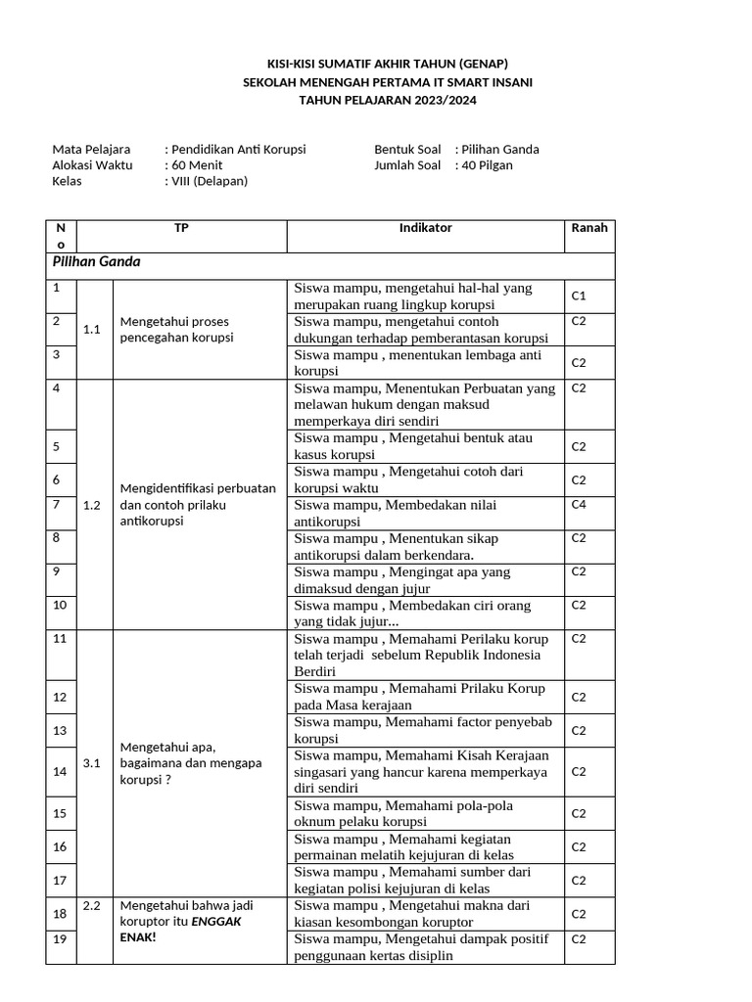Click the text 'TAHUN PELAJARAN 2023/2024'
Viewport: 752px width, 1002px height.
[x=388, y=100]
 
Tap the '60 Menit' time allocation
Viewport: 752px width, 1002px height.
[x=196, y=165]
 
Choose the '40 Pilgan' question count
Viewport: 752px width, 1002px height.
[x=488, y=165]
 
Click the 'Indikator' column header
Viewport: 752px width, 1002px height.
[x=425, y=228]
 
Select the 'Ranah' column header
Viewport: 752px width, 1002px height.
[x=588, y=228]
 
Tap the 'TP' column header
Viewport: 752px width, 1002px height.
[x=181, y=228]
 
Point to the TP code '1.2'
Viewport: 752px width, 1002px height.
[x=93, y=505]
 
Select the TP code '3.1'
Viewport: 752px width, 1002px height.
[x=93, y=764]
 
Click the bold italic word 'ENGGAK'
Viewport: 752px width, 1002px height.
[x=215, y=922]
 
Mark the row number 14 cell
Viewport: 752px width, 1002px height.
[x=61, y=772]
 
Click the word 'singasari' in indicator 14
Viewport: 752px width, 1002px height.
[x=322, y=771]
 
